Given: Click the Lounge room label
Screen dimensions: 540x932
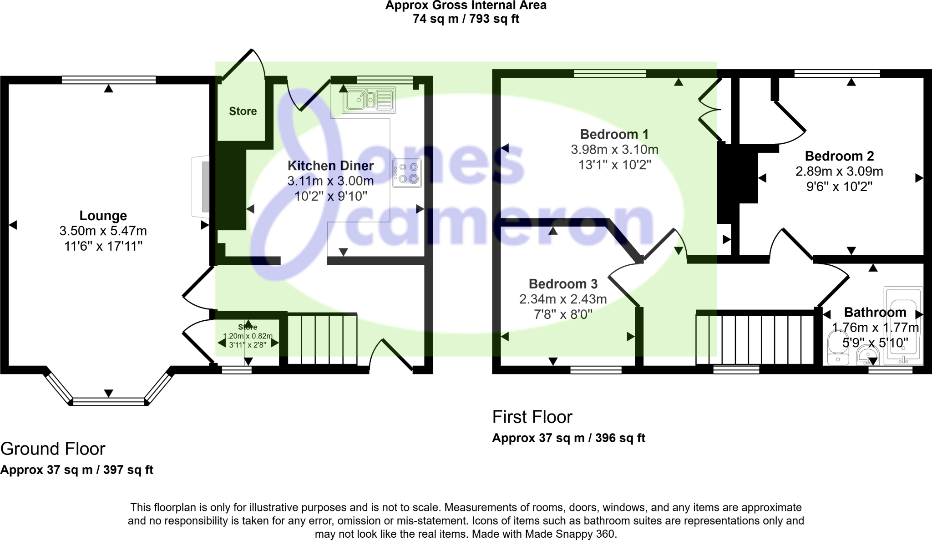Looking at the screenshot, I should point(103,216).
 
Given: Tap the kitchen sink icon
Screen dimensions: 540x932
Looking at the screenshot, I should point(369,100).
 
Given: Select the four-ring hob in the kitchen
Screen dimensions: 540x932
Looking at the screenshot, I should point(407,173).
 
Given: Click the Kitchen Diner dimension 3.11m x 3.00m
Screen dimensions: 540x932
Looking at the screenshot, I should point(330,181).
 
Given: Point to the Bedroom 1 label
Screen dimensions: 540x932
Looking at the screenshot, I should point(614,134).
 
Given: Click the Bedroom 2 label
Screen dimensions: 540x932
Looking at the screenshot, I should point(839,156).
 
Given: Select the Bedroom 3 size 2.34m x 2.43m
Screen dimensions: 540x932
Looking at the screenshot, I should point(563,299).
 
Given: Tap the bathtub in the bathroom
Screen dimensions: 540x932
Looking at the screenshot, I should point(903,325).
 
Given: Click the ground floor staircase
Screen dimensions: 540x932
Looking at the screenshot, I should point(323,339).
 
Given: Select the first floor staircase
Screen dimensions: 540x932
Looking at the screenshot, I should point(755,339).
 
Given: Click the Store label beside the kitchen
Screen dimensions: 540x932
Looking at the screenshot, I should point(243,111).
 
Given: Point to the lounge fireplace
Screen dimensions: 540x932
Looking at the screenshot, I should point(201,187).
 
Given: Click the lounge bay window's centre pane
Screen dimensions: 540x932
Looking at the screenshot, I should point(108,402).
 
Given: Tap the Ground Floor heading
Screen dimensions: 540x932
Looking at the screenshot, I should point(53,449).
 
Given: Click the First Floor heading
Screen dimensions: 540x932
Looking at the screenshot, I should point(532,417).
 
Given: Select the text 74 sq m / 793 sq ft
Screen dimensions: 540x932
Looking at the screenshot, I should point(466,19).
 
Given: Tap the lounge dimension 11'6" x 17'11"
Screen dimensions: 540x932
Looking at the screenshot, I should point(103,247).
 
